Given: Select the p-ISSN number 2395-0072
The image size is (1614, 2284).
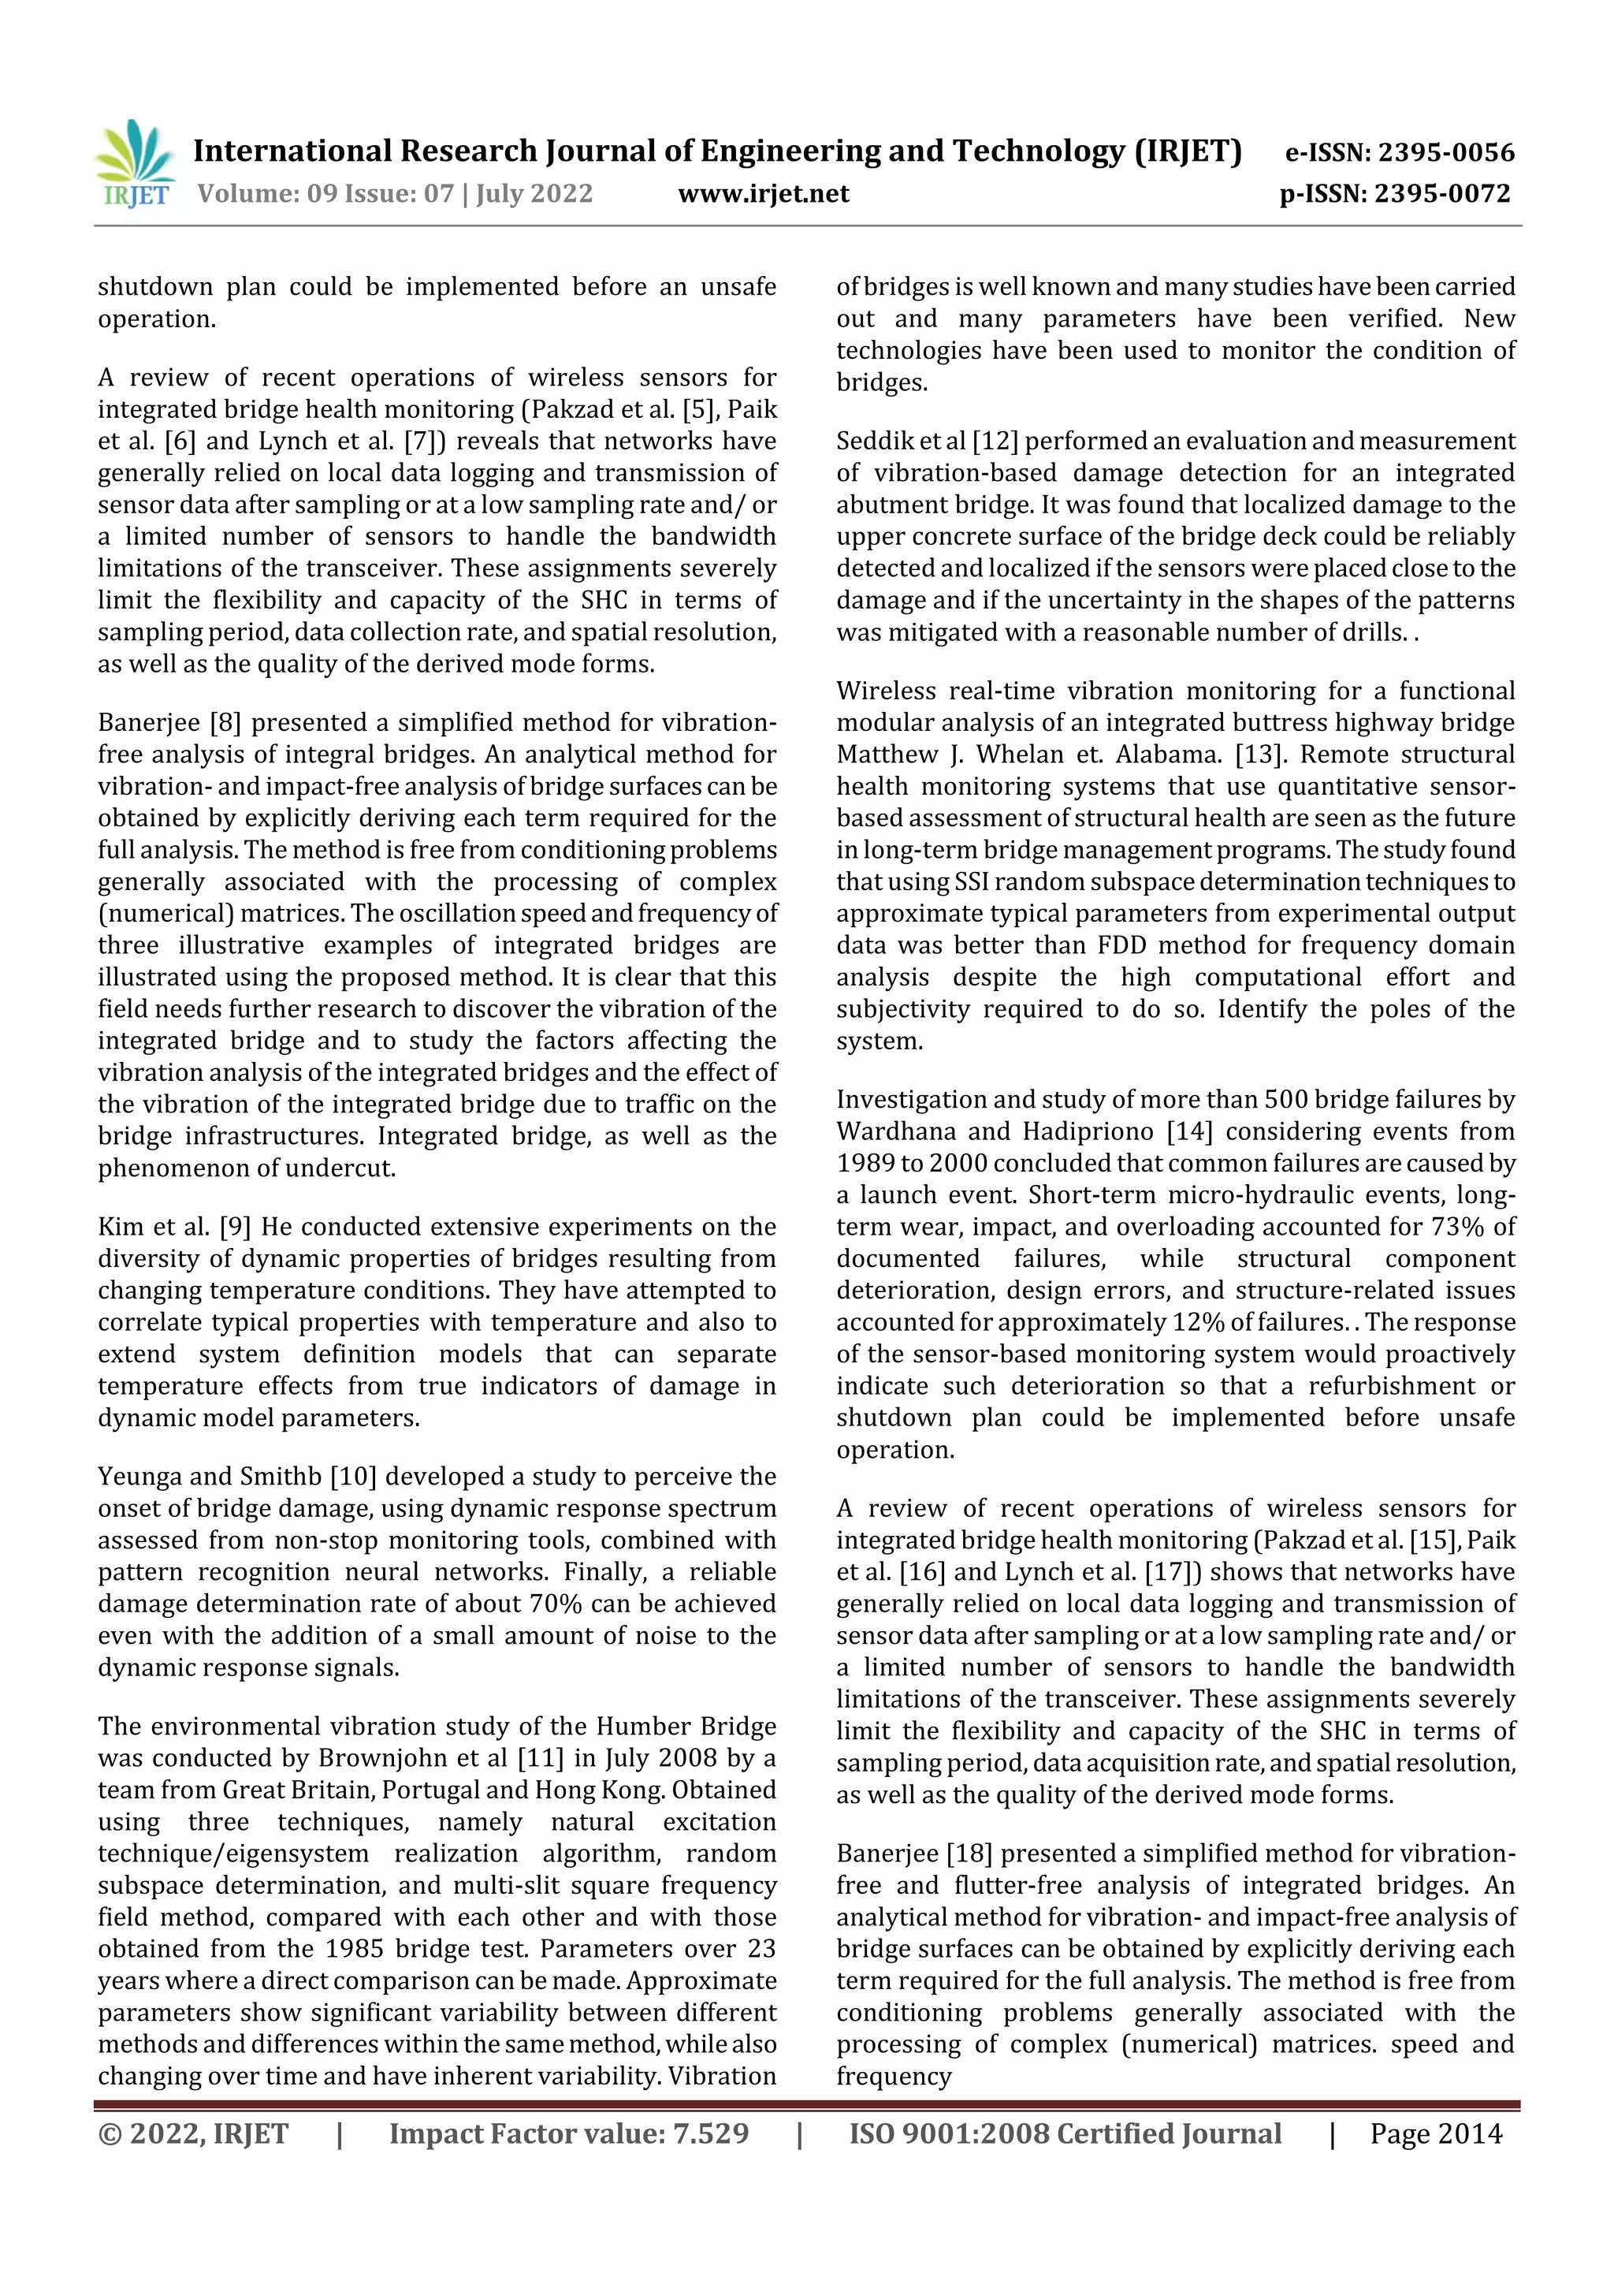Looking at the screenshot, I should pos(1442,193).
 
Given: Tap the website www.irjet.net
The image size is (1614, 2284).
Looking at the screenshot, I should pos(763,193).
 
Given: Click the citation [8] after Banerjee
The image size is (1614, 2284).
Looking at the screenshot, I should pos(225,722).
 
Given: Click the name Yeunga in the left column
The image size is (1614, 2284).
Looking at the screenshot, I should pos(137,1476).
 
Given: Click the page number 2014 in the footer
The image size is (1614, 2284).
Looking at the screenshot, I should pos(1469,2133).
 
